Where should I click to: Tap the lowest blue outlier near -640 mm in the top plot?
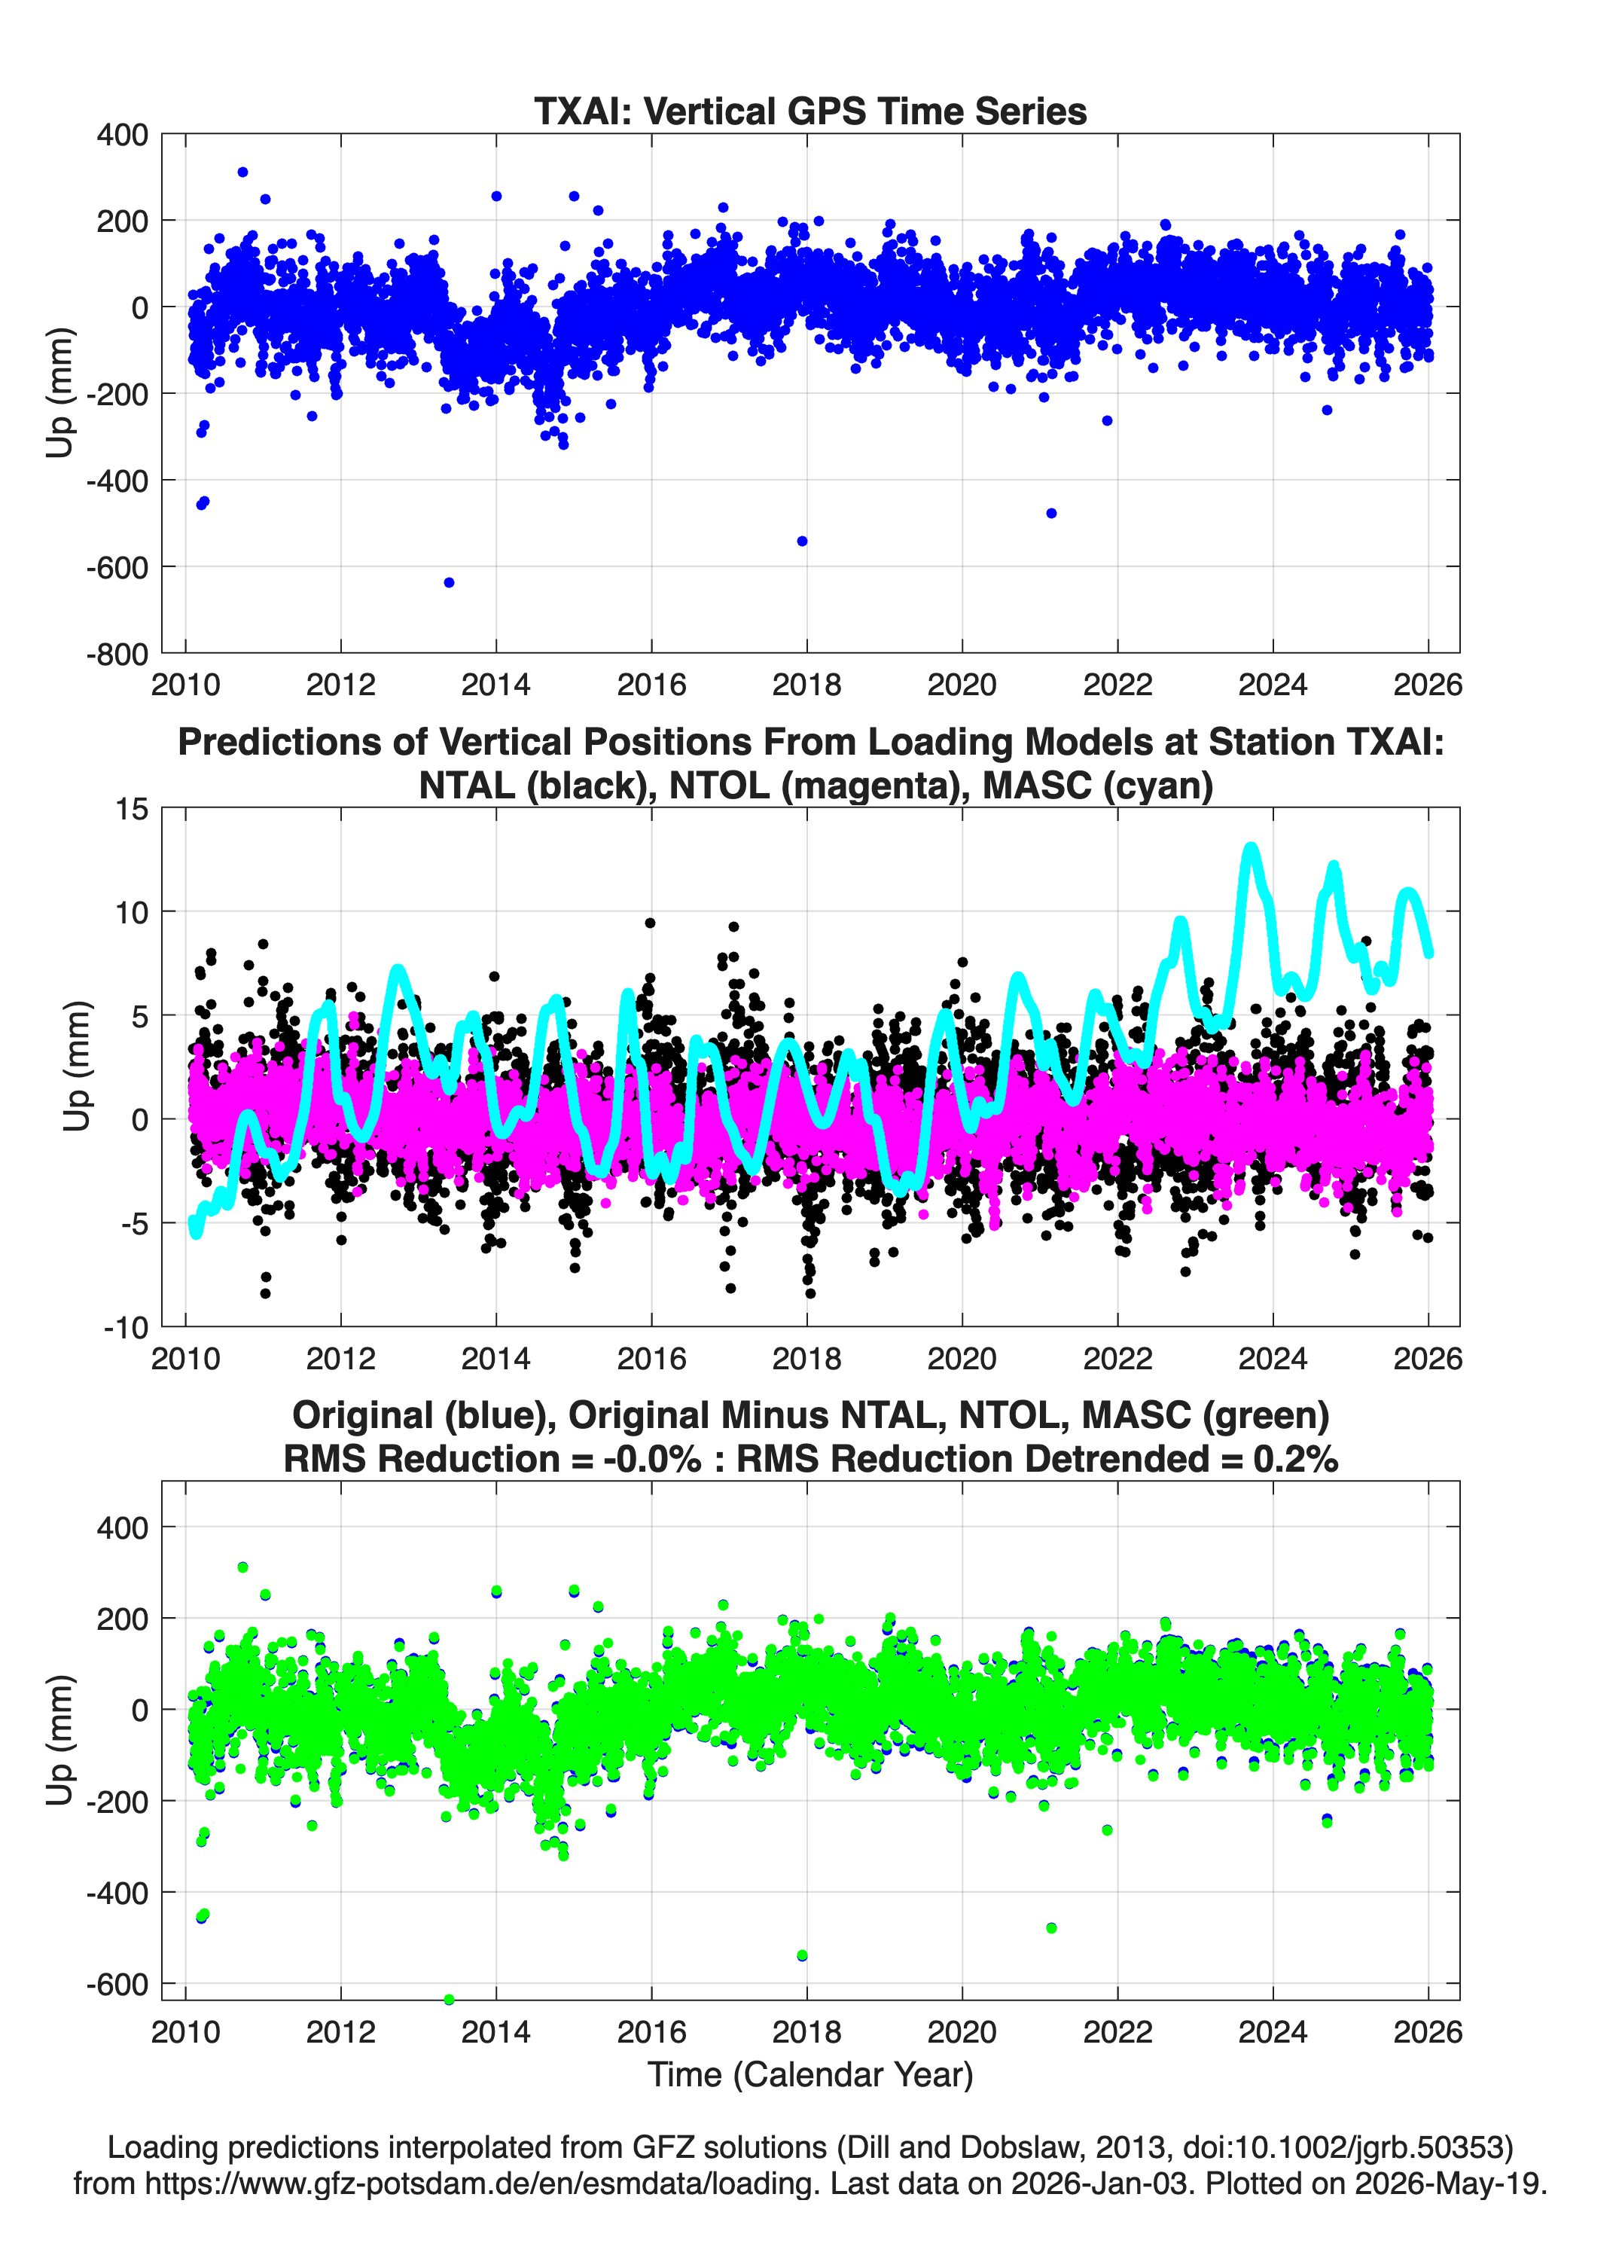coord(449,582)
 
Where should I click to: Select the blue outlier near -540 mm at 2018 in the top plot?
coord(802,541)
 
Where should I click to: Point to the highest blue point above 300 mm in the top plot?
coord(242,172)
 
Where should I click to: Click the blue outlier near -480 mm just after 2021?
coord(1052,513)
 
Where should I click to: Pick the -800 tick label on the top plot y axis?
coord(117,654)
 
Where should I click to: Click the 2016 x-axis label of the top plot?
coord(651,685)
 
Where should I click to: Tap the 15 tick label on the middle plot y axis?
coord(132,809)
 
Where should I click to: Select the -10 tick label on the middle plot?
coord(126,1328)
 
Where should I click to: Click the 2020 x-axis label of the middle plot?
coord(962,1358)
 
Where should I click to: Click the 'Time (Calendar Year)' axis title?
coord(810,2074)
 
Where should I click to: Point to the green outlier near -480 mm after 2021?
coord(1052,1927)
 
